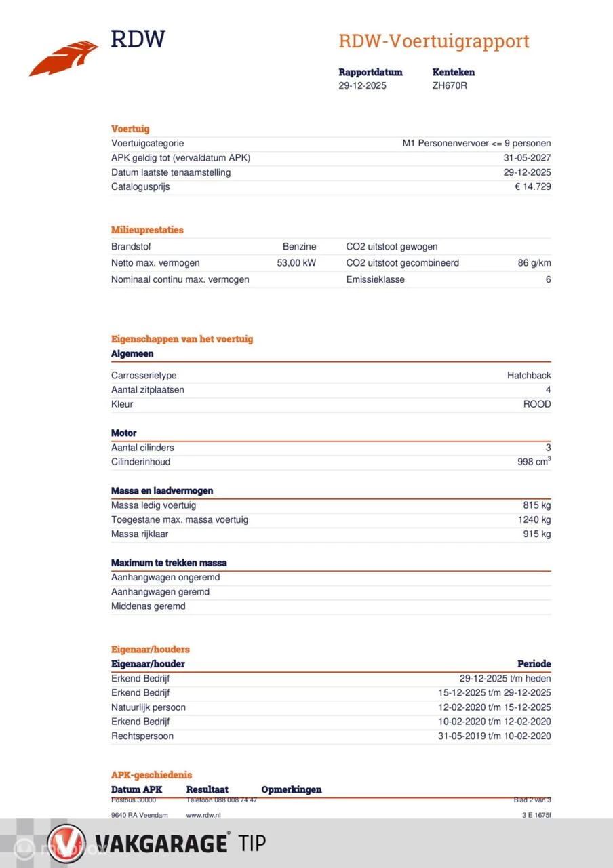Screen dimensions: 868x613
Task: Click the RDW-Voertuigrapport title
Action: [434, 41]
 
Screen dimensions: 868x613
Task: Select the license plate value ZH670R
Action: [450, 85]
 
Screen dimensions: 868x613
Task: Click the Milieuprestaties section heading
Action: [147, 230]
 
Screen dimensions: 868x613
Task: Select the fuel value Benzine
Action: [299, 247]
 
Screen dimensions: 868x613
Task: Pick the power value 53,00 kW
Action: [296, 263]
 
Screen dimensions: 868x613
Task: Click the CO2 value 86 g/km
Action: [534, 263]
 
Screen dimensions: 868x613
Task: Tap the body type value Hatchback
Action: [529, 376]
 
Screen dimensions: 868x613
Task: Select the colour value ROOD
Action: [536, 404]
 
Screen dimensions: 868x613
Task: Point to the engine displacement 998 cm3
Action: [534, 462]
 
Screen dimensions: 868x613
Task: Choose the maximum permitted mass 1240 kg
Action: [534, 519]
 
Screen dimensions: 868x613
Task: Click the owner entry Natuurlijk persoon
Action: [149, 707]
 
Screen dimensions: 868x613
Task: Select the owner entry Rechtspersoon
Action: [142, 736]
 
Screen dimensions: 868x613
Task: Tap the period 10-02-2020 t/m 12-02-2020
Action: [494, 722]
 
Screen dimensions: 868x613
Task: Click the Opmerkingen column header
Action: [292, 789]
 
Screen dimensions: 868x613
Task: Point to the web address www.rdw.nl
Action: [203, 815]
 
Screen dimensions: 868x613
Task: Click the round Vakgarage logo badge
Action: [66, 844]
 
